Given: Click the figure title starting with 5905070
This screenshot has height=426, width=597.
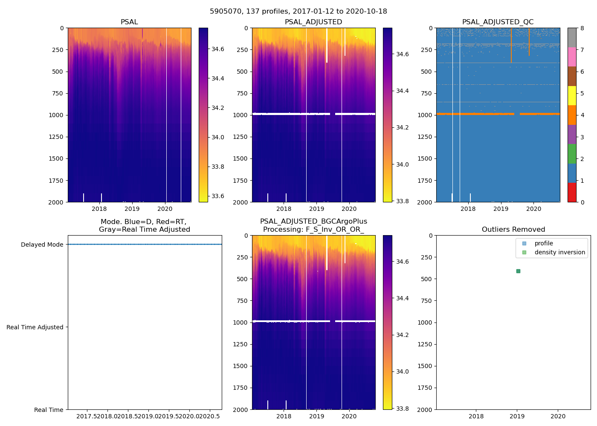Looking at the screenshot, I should pos(298,12).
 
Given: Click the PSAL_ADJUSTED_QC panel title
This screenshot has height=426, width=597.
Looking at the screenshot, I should pos(498,22).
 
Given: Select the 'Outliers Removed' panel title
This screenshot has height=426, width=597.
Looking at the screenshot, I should pos(513,230).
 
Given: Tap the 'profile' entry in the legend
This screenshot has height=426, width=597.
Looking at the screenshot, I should pos(544,244).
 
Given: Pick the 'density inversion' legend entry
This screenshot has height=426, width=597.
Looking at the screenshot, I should pos(559,252).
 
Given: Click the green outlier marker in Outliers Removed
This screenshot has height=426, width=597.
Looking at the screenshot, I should pos(518,271).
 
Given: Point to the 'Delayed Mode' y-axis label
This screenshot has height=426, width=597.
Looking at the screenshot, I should pos(42,245).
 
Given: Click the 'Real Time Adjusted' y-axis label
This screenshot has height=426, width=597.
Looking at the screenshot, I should pos(35,327).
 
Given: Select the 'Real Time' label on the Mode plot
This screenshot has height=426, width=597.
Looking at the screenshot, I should pos(49,410).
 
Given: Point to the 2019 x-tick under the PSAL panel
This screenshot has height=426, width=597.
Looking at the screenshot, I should pos(132,209).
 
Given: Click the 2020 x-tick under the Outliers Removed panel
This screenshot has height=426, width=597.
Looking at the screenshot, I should pos(558,416).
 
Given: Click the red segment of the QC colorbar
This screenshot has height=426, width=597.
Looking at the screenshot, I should pos(572,192).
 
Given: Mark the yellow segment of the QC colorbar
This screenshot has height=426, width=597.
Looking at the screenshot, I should pos(572,95).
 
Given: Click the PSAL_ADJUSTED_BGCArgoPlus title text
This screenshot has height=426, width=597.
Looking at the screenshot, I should pos(313,222).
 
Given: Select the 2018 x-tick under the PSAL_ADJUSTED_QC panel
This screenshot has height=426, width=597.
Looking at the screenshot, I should pos(468,209).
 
